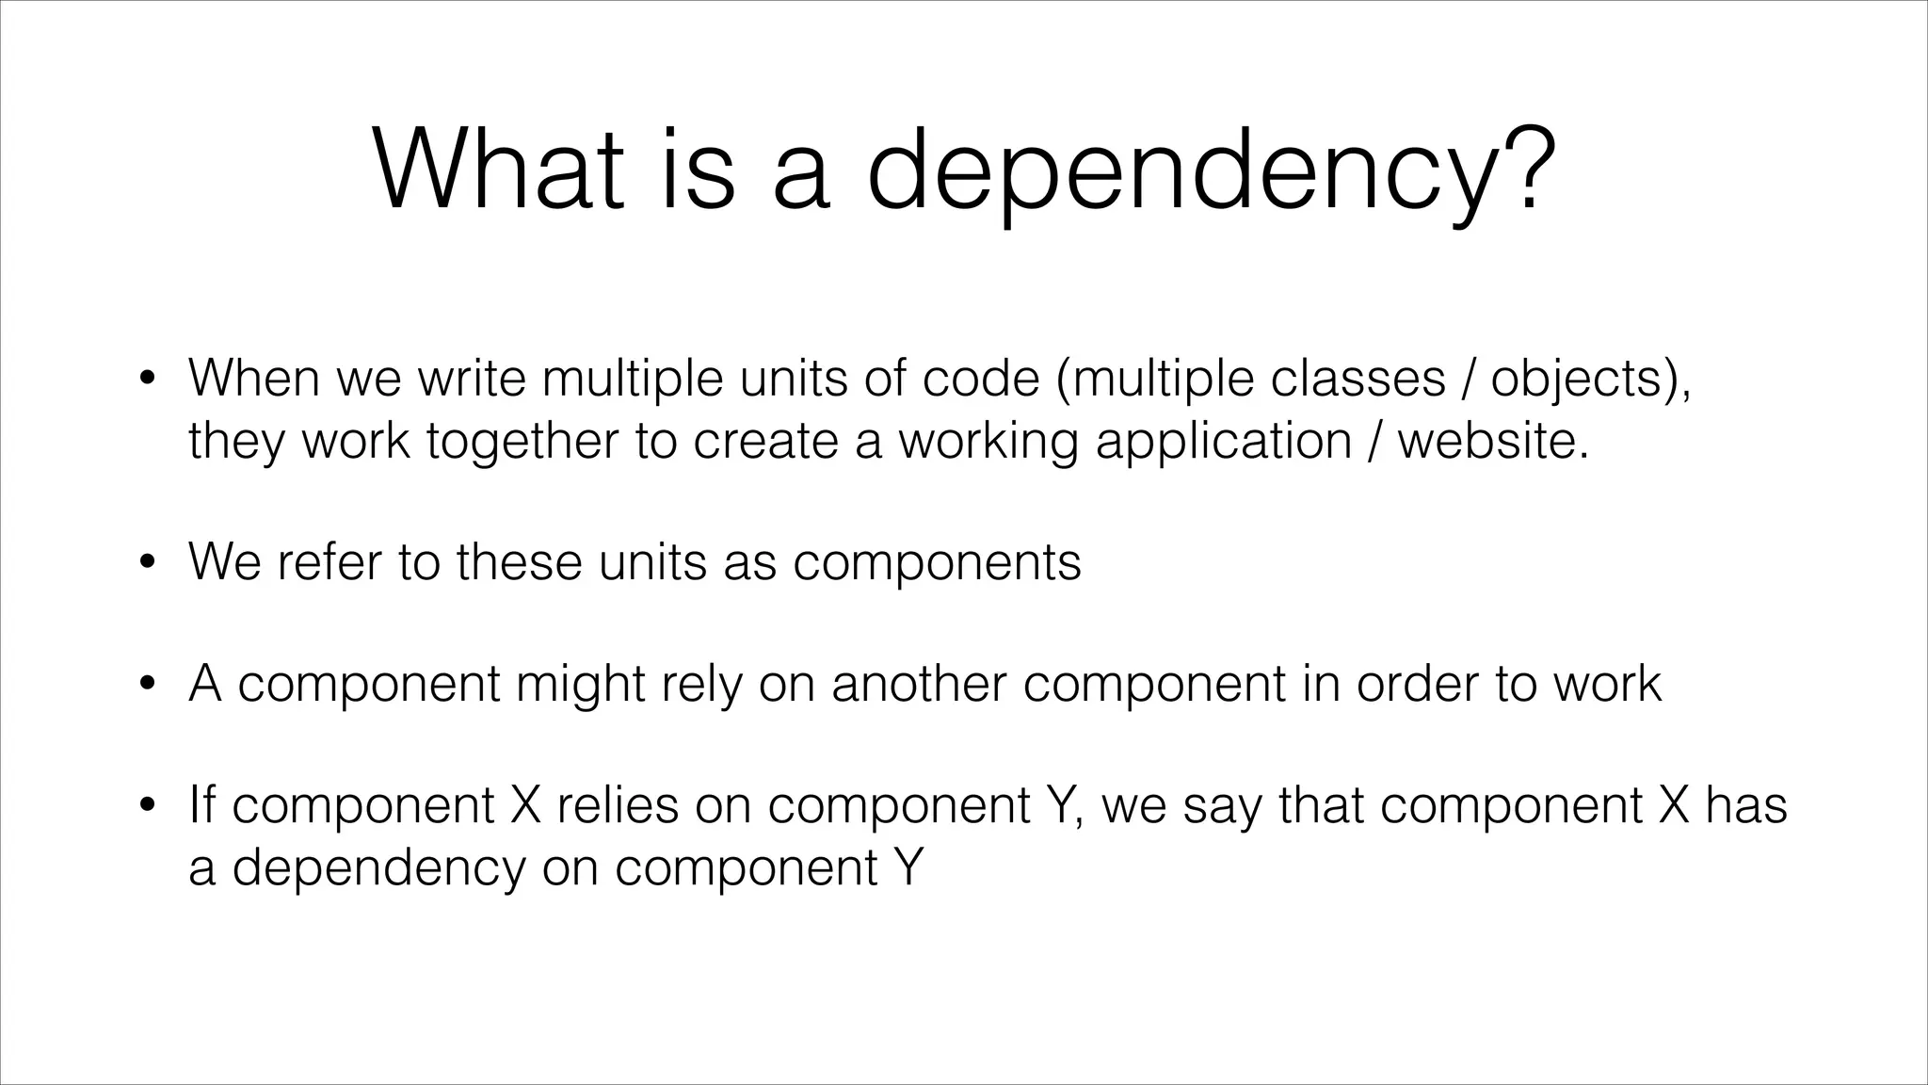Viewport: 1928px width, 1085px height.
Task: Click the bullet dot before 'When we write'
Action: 146,380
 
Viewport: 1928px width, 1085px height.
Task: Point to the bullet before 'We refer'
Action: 146,563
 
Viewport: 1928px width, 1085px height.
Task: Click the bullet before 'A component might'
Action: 146,685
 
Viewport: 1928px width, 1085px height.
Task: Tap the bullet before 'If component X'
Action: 146,806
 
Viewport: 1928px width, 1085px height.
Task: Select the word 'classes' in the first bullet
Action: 1358,378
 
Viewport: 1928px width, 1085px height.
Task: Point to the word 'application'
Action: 1223,442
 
